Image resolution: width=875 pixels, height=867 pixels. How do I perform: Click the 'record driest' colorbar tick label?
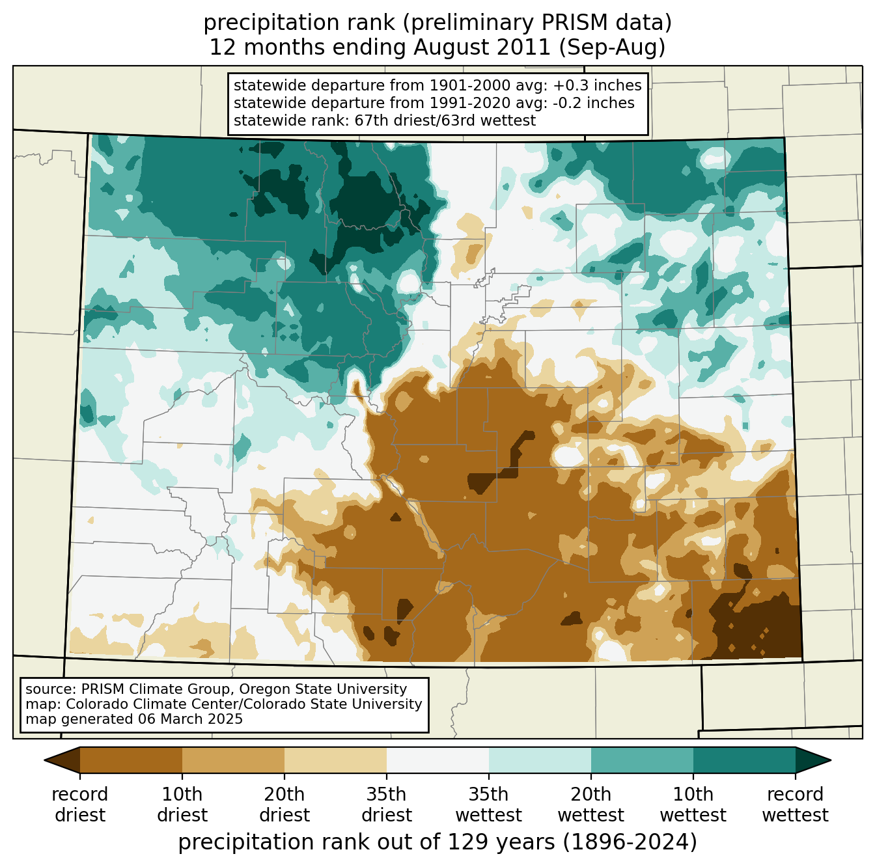pyautogui.click(x=79, y=805)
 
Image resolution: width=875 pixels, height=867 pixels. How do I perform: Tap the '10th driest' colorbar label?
pyautogui.click(x=182, y=805)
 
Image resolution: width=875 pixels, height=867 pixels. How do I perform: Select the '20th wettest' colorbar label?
pyautogui.click(x=590, y=805)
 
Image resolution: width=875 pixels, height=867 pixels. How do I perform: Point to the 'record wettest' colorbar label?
pyautogui.click(x=795, y=805)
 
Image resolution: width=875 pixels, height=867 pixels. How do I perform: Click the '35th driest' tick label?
pyautogui.click(x=387, y=805)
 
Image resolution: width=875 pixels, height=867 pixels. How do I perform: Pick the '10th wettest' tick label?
pyautogui.click(x=693, y=805)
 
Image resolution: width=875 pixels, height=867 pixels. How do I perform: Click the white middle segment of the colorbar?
pyautogui.click(x=437, y=760)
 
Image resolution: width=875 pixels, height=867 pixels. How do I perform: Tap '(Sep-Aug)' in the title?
pyautogui.click(x=612, y=48)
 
